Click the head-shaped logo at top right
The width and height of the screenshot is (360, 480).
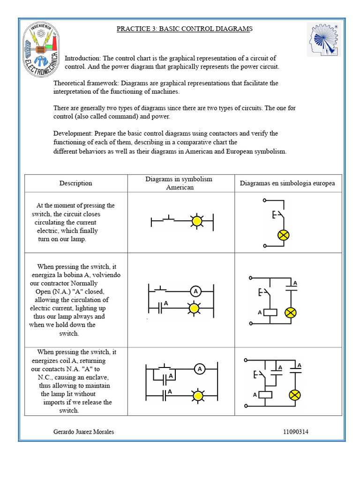[x=324, y=39]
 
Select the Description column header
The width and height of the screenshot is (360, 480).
[x=75, y=183]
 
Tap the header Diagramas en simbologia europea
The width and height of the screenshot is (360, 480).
[x=287, y=183]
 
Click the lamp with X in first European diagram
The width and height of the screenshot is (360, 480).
[x=283, y=235]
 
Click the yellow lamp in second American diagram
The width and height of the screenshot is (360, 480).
[x=193, y=308]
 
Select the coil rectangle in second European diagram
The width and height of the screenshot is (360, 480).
[x=270, y=312]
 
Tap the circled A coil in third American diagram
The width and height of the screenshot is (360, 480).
[x=200, y=369]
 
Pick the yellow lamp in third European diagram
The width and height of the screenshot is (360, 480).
[x=294, y=395]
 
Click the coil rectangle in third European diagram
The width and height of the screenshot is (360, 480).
[x=266, y=395]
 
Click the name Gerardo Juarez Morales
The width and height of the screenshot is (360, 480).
[x=84, y=432]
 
